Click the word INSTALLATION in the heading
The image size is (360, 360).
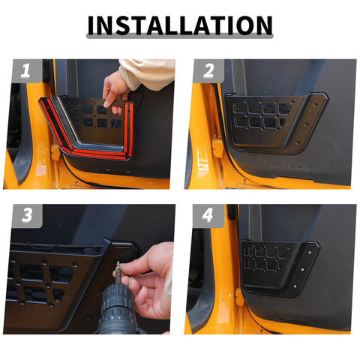tap(179, 25)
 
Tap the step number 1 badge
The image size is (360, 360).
tap(25, 72)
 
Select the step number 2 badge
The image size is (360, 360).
tap(208, 72)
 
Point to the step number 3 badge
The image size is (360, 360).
tap(25, 217)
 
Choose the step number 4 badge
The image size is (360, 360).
tap(208, 217)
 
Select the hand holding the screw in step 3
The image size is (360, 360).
tap(150, 277)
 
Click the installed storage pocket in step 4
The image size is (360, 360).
tap(277, 266)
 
